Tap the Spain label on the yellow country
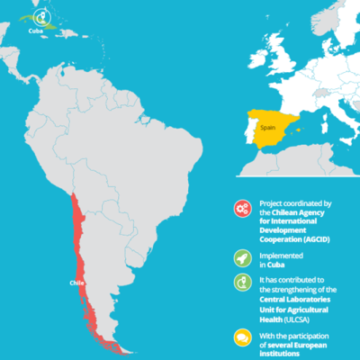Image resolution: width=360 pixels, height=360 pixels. [266, 130]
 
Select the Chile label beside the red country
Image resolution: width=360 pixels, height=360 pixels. [76, 283]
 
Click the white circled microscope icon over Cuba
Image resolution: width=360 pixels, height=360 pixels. [40, 14]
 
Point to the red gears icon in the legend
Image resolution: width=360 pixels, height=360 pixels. [241, 208]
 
